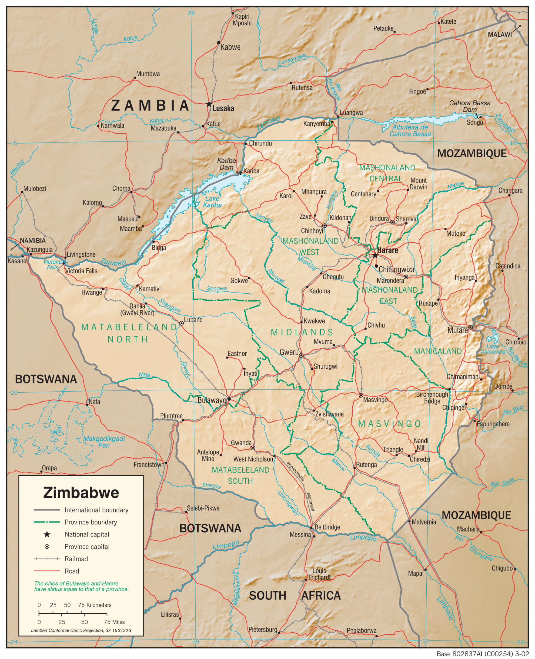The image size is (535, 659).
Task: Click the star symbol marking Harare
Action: click(375, 256)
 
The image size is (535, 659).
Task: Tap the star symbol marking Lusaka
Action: click(209, 104)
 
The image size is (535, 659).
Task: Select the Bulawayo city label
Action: click(212, 400)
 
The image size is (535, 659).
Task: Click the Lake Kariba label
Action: click(212, 202)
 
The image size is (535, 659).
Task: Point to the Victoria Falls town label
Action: click(81, 271)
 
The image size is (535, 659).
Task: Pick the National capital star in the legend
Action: click(47, 534)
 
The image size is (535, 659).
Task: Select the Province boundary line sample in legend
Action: click(47, 522)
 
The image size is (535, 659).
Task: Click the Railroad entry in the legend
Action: click(76, 559)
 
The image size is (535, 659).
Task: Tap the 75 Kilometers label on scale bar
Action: click(95, 605)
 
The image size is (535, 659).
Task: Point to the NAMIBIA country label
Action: click(33, 241)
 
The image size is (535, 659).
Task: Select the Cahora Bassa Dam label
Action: click(469, 106)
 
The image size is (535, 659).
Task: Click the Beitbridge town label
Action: click(327, 527)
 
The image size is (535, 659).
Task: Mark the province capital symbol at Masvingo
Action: click(361, 395)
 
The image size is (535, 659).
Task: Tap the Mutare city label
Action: click(457, 330)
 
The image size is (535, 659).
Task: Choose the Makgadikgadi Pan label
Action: click(104, 442)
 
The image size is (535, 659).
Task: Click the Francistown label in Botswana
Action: click(149, 464)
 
